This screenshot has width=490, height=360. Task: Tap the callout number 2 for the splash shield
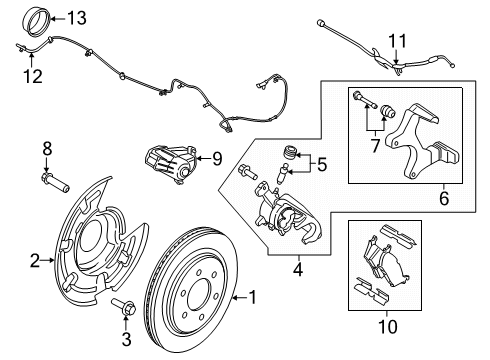coord(35,261)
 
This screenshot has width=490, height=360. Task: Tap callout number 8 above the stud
coord(45,149)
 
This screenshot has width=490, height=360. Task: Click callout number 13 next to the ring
coord(76,17)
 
